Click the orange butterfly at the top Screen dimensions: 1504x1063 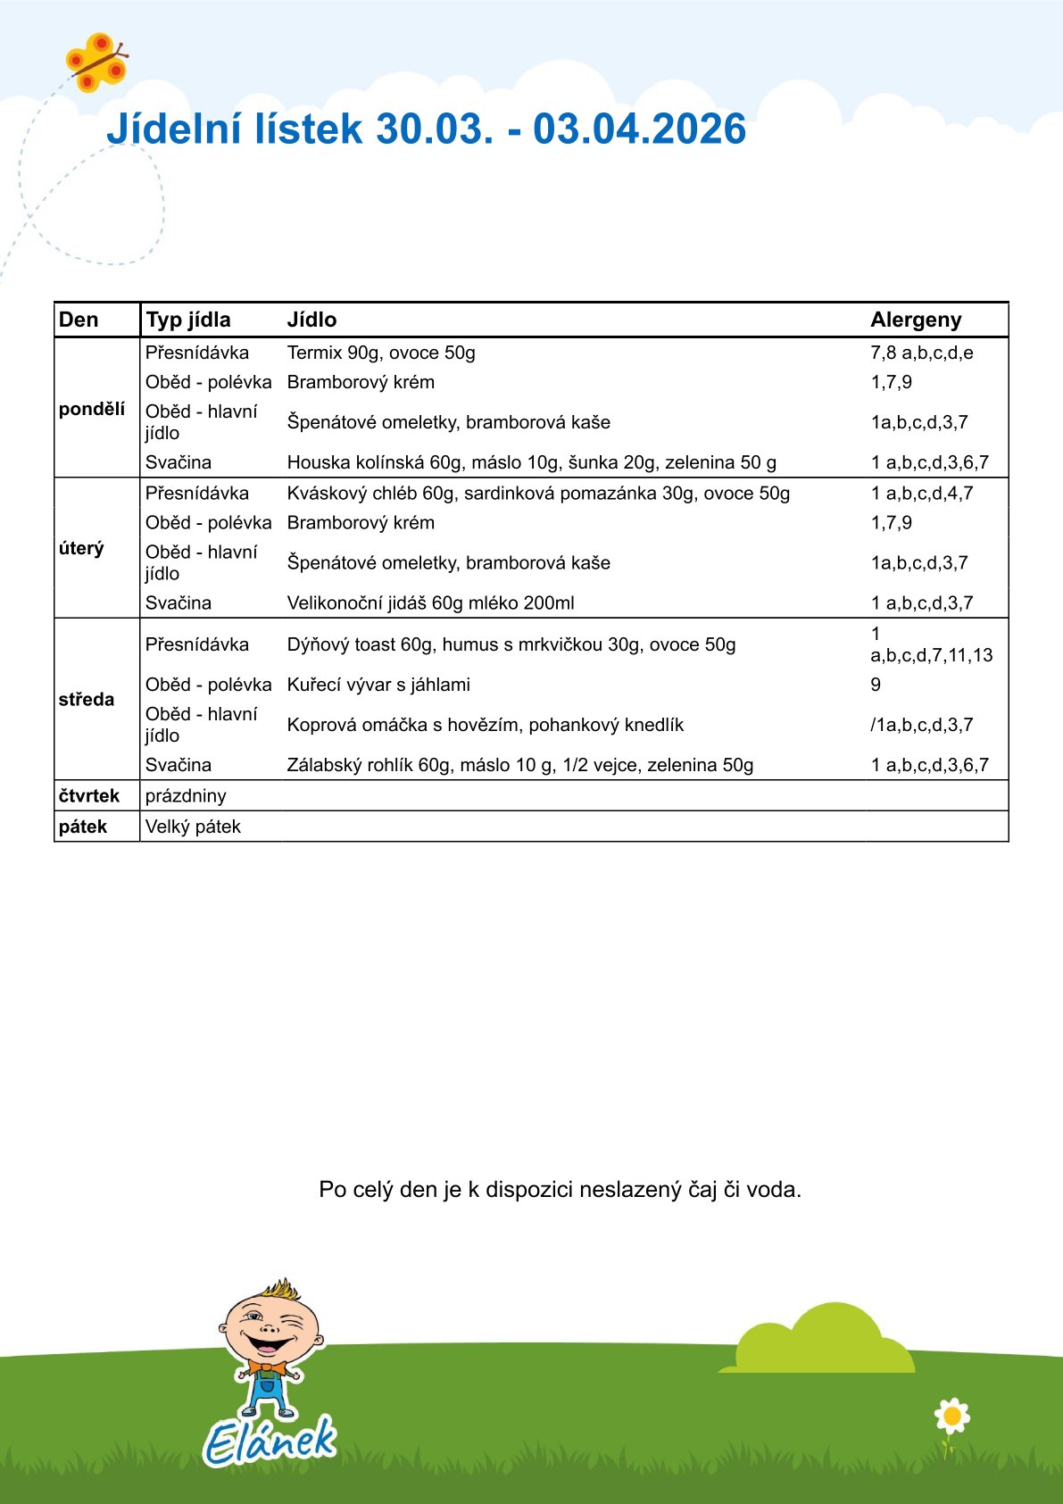click(95, 62)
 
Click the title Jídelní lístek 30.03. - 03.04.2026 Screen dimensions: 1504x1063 click(426, 129)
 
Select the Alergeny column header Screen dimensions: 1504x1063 click(916, 320)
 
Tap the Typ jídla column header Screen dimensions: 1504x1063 click(188, 320)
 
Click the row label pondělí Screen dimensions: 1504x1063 click(92, 409)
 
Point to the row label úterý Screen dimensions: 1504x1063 click(81, 548)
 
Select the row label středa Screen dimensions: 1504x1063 click(87, 699)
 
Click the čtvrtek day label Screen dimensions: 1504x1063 click(89, 795)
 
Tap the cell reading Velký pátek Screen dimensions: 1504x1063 click(193, 827)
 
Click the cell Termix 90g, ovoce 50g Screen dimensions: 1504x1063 click(381, 353)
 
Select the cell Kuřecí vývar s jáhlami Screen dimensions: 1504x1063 click(378, 685)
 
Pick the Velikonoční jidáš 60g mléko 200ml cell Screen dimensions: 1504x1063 click(430, 602)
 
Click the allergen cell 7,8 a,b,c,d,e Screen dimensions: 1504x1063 click(922, 353)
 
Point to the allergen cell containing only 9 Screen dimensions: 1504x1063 click(876, 685)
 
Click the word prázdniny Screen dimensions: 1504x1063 click(186, 795)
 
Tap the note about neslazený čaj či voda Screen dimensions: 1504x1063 click(560, 1190)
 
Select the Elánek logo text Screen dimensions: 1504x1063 click(270, 1440)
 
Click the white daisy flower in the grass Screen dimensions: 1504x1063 click(951, 1416)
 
